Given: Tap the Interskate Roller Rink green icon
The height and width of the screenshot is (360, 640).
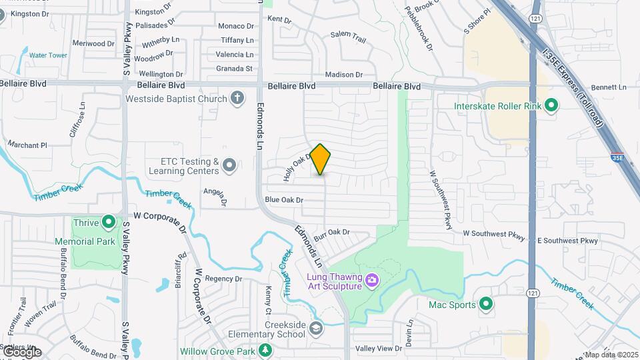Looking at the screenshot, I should (551, 105).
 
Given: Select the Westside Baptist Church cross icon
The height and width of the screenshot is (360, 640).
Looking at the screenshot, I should (237, 99).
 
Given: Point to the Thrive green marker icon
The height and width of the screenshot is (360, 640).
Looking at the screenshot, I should (109, 223).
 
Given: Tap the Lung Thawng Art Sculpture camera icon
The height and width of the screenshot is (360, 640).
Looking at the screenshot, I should (372, 280).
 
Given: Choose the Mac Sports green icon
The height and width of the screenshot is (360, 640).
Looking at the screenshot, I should (486, 305).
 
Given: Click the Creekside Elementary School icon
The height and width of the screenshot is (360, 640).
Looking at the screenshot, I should (316, 328).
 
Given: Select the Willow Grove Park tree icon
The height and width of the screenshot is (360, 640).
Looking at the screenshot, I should (265, 350).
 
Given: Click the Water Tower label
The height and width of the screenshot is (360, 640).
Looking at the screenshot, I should (48, 55).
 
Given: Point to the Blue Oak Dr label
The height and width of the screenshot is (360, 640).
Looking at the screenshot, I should (284, 200).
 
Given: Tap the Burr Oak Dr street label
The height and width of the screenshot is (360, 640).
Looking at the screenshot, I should (331, 234).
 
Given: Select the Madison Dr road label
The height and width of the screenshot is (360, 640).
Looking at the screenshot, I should (343, 75).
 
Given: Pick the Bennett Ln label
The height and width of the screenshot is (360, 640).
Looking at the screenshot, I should (609, 87).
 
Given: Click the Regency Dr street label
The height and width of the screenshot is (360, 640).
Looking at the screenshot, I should (223, 279).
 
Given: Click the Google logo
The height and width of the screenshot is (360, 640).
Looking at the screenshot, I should (21, 352).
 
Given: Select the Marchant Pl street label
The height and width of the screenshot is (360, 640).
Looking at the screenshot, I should (27, 145).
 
